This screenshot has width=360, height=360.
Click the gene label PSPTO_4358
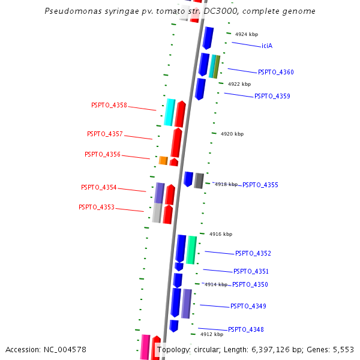click(x=109, y=105)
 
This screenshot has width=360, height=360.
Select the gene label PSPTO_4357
click(x=104, y=134)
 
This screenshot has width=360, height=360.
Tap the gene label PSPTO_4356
click(x=103, y=154)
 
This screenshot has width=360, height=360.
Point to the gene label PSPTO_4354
click(x=99, y=187)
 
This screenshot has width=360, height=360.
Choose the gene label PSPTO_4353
click(x=96, y=207)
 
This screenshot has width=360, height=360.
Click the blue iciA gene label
click(x=267, y=46)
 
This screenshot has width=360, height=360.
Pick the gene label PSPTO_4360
click(x=276, y=72)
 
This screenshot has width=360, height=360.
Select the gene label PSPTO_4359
click(x=272, y=96)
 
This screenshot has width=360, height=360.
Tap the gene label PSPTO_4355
click(x=260, y=185)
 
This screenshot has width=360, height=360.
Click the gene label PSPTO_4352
click(x=253, y=253)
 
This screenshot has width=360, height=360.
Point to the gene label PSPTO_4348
click(x=246, y=329)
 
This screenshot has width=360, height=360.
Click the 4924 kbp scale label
click(x=247, y=35)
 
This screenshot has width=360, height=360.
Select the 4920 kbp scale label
click(x=232, y=134)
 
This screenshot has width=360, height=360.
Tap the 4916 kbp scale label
click(x=220, y=234)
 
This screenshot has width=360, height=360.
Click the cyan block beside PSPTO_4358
click(x=170, y=112)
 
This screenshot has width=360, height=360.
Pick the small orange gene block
click(x=163, y=160)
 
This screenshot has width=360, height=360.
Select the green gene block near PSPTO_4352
click(x=191, y=250)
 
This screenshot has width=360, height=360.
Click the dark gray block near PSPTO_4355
click(x=199, y=180)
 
